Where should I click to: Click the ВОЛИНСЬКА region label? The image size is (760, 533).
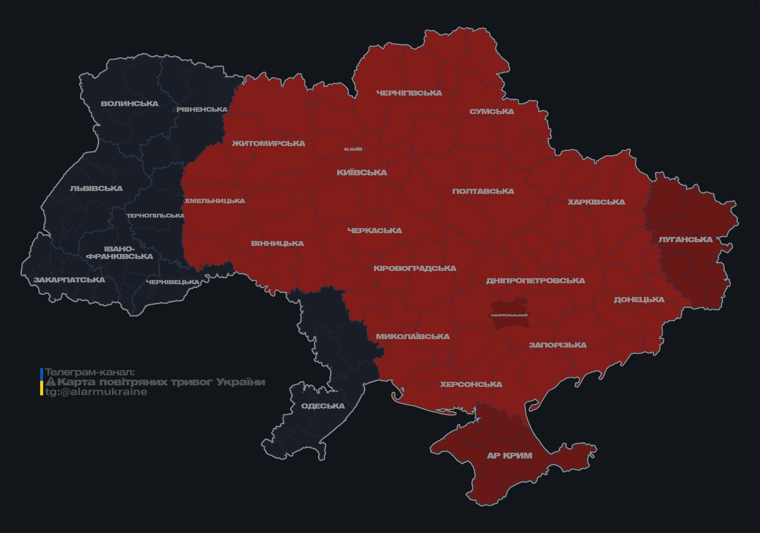coord(130,104)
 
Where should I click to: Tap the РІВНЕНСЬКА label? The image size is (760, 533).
coord(202,109)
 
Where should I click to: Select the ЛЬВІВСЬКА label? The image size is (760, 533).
coord(96,188)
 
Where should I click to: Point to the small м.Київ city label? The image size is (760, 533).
coord(353,149)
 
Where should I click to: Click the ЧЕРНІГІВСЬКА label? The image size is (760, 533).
coord(409,93)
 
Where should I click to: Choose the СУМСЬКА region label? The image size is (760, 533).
coord(492,111)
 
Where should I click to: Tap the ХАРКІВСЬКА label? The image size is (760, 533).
coord(596,202)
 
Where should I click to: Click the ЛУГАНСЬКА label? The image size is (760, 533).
coord(685,239)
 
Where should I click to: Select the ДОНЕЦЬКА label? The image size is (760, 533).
coord(639,299)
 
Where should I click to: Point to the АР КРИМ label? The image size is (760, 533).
coord(509,456)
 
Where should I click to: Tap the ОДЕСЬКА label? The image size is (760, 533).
coord(323,406)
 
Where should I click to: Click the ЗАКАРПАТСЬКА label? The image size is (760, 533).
coord(69,280)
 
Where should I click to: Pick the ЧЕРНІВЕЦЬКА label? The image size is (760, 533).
coord(173,282)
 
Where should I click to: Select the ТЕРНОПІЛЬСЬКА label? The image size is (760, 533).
coord(155,215)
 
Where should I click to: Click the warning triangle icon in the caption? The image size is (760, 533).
coord(51,382)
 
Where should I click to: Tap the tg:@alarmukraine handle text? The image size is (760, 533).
coord(96,392)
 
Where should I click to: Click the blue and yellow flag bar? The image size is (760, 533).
coord(42,382)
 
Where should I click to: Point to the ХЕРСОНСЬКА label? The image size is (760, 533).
coord(471,384)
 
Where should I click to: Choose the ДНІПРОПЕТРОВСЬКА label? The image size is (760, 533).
coord(535,281)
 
